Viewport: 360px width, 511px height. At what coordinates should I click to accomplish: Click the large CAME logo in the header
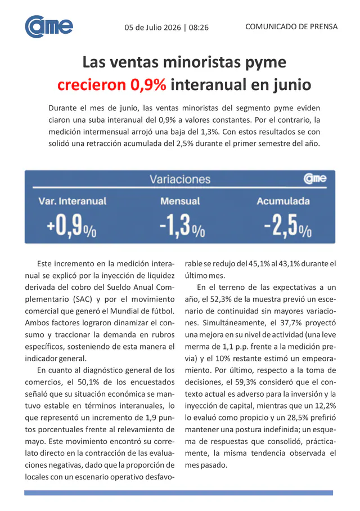coord(49,26)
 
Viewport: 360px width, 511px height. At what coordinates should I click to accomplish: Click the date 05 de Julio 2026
coord(152,28)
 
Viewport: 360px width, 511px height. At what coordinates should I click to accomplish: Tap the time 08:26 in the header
coord(199,28)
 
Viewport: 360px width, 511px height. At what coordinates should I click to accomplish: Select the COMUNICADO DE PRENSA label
coord(291,26)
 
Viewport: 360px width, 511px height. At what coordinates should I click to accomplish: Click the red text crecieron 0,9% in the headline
coord(112,85)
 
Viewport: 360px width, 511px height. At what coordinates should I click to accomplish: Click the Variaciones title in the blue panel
coord(180,179)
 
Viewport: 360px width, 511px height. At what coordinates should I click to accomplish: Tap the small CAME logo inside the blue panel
coord(314,178)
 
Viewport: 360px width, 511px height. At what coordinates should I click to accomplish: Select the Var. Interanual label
coord(73,201)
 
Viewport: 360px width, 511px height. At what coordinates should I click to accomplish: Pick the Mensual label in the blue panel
coord(180,201)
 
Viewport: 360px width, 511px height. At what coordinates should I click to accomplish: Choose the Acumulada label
coord(283,201)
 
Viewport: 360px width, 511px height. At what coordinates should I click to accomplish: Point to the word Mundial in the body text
coord(124,311)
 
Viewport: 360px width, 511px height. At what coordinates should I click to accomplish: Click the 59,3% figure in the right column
coord(245,382)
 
